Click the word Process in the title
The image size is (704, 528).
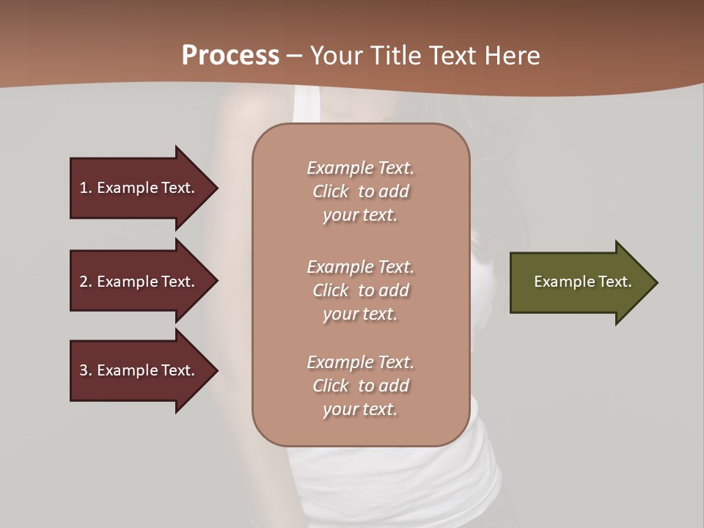230,56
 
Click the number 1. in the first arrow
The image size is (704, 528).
86,188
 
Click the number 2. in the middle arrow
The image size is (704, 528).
86,282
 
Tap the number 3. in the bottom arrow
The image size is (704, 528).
86,370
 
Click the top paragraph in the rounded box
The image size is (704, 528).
360,191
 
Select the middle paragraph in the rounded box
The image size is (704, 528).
360,290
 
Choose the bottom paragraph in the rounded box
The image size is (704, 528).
360,386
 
